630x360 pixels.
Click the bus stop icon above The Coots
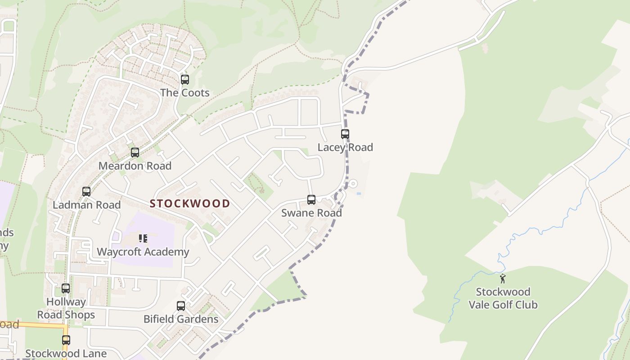(184, 80)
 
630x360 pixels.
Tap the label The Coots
(184, 93)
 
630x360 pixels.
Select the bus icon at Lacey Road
(345, 134)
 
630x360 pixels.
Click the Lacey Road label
(345, 147)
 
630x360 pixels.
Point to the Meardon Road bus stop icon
(135, 153)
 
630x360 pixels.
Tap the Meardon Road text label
(135, 166)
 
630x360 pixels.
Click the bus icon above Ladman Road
(86, 192)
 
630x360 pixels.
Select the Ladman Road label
(86, 205)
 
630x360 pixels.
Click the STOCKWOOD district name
(189, 203)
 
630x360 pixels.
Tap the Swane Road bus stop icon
(311, 200)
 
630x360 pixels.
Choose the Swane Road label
(311, 212)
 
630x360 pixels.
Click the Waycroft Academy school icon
(143, 238)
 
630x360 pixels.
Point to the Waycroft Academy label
(143, 252)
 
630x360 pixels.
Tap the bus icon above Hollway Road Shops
(66, 288)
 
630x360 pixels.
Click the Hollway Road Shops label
(66, 308)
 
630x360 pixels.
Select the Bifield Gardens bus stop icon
(181, 306)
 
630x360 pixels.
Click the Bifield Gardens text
(181, 319)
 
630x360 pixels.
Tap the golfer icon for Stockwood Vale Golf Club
(503, 279)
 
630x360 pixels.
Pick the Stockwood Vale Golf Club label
(503, 298)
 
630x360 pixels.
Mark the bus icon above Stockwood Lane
(66, 340)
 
